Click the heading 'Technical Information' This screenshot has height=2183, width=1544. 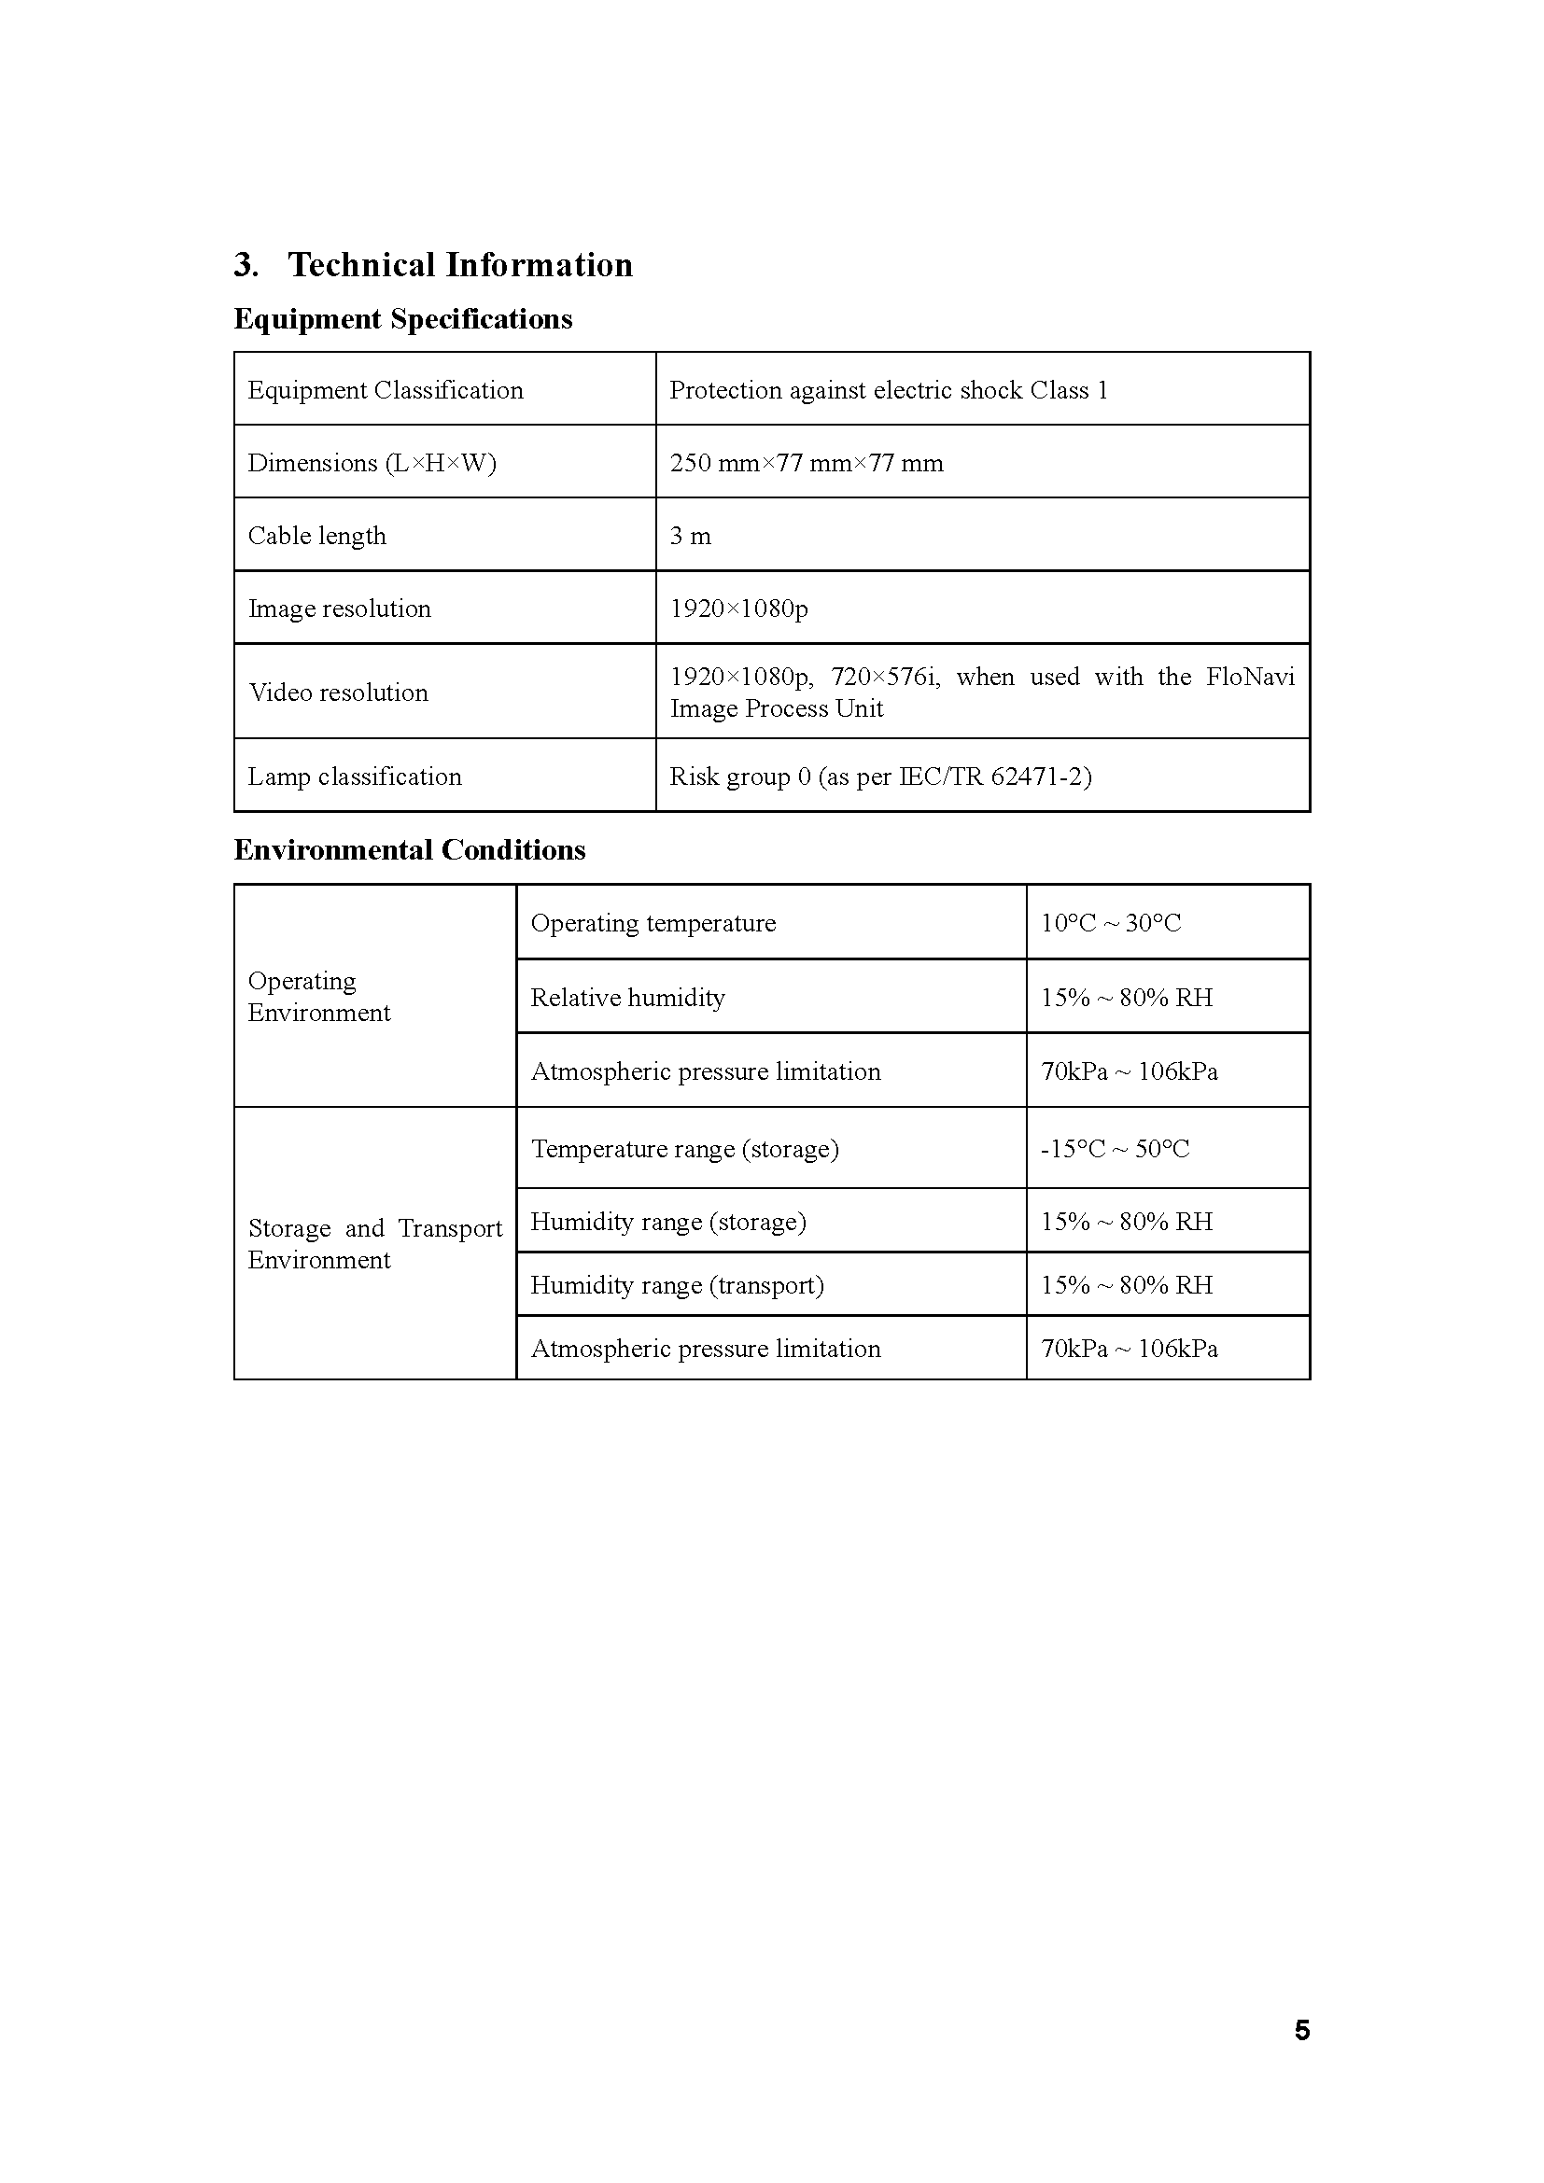[x=460, y=264]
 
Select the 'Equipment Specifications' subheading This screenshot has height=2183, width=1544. [x=403, y=318]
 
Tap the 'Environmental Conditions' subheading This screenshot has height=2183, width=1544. [x=410, y=849]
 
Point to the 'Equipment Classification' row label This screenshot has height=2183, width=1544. [x=385, y=390]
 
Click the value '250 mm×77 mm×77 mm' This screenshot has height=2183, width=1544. [x=807, y=463]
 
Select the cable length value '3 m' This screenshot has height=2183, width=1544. [x=690, y=537]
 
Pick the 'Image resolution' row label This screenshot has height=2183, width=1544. [x=340, y=609]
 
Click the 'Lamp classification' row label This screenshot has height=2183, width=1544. [x=355, y=777]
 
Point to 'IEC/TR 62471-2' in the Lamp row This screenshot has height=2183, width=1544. [x=992, y=777]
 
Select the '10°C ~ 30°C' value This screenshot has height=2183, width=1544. [x=1111, y=923]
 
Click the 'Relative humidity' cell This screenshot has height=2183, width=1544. [x=627, y=998]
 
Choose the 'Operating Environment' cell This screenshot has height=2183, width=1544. [x=318, y=997]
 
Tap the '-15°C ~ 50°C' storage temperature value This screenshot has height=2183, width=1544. [x=1115, y=1149]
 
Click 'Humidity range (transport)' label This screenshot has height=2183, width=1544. [x=677, y=1285]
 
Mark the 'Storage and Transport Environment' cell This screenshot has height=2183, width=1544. [x=374, y=1243]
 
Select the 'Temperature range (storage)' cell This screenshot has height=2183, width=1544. [x=684, y=1149]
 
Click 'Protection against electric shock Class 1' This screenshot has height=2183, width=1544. [x=888, y=390]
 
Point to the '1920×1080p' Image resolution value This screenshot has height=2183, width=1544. [x=738, y=609]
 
